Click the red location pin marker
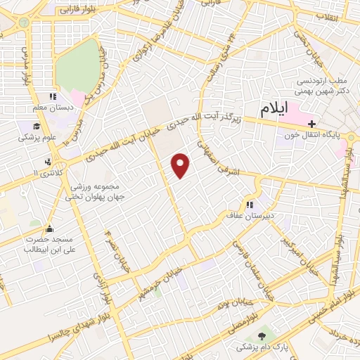point(181,165)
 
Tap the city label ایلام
point(274,110)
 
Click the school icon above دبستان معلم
point(52,97)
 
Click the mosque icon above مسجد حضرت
point(49,229)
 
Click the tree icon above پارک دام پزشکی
point(262,337)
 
